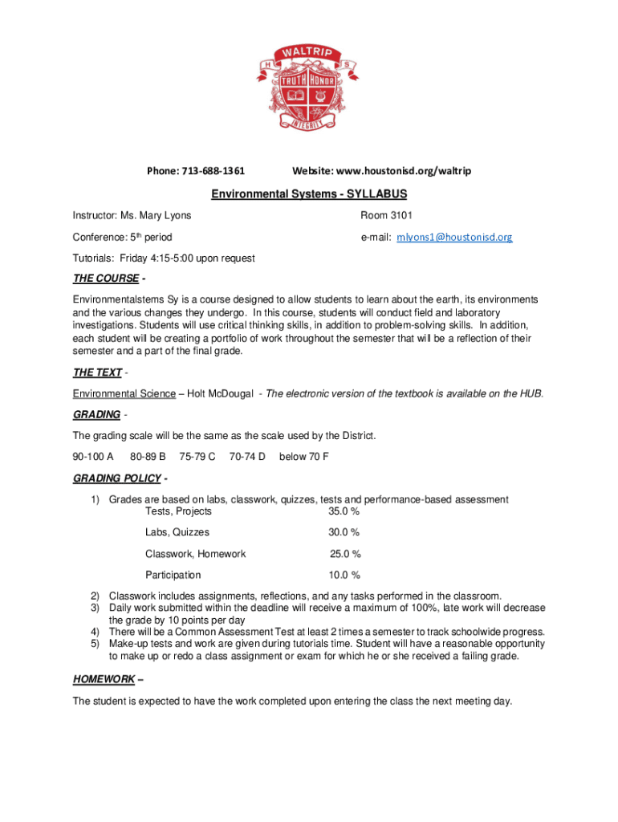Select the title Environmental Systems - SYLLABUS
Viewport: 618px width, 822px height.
click(309, 194)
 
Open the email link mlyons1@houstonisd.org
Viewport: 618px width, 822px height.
click(454, 238)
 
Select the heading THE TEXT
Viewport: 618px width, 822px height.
click(97, 372)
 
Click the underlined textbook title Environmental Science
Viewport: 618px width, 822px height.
click(124, 393)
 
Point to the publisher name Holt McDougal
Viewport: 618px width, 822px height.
click(221, 393)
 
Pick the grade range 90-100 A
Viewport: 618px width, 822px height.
click(93, 457)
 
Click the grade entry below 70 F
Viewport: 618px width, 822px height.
click(303, 457)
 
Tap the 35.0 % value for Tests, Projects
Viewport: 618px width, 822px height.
click(344, 511)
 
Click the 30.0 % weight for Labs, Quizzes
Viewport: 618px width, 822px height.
click(344, 532)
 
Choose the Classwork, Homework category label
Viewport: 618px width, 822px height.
click(195, 554)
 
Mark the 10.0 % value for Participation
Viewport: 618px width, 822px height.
click(344, 575)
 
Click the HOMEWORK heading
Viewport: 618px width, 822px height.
click(104, 679)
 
